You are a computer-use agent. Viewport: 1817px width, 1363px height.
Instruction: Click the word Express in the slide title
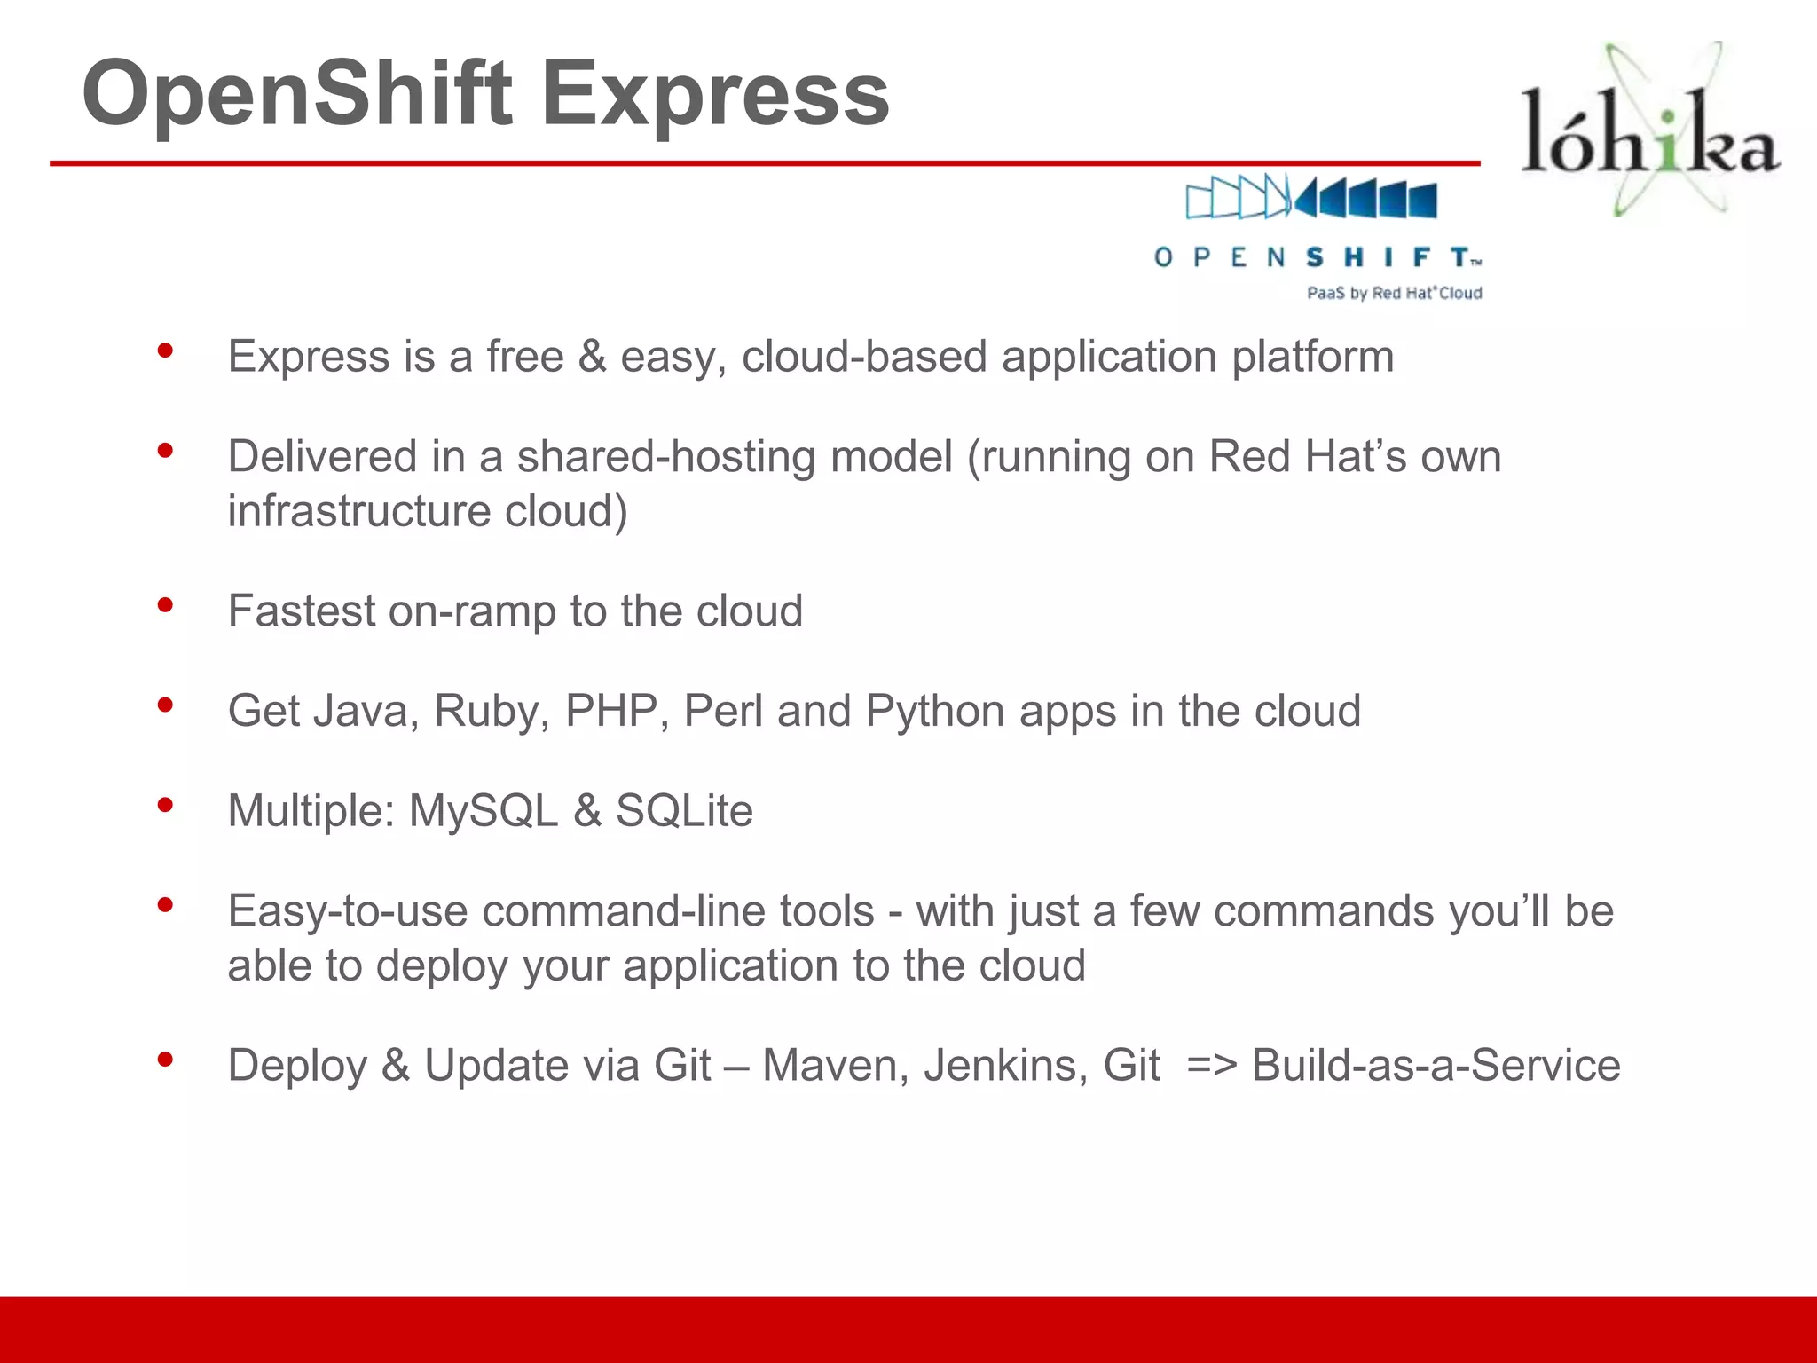[715, 94]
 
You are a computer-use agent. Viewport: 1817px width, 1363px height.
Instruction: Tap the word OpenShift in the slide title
[297, 94]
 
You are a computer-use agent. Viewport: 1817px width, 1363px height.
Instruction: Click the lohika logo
[1650, 133]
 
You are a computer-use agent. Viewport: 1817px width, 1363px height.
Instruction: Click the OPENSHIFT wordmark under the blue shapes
[1318, 257]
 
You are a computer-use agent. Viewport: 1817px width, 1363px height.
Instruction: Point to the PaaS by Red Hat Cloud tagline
[1394, 293]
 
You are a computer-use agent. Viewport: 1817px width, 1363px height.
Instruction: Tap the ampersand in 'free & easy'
[592, 357]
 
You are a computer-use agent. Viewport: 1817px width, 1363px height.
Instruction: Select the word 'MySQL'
[483, 811]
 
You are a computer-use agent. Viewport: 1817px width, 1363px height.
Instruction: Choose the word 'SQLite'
[684, 811]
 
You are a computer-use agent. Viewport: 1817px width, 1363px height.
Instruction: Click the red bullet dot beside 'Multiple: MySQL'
[165, 806]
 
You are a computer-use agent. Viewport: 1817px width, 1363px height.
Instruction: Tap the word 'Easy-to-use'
[347, 911]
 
